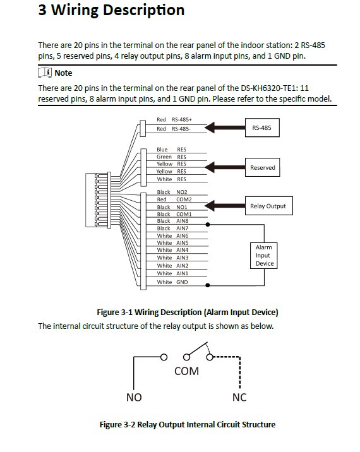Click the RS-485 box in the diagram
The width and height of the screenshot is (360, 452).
(262, 128)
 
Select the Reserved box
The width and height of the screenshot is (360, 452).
(263, 167)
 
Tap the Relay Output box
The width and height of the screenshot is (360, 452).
(269, 206)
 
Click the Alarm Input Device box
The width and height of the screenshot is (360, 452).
(263, 256)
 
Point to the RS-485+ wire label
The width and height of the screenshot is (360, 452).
(182, 119)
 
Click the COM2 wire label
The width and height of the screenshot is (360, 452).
(184, 199)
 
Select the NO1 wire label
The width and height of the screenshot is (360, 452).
(182, 207)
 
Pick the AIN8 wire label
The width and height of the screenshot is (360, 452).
(183, 221)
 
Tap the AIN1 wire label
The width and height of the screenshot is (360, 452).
(183, 273)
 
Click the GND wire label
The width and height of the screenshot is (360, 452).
(182, 282)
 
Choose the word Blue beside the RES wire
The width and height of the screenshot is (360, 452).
(162, 150)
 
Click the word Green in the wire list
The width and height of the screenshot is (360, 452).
(164, 157)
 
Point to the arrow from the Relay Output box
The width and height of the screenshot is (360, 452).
(225, 206)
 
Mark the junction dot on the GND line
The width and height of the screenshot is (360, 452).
(207, 285)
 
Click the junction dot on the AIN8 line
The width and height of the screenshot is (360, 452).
(207, 224)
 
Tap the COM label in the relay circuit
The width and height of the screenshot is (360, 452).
(187, 371)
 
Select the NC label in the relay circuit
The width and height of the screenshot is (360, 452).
(239, 397)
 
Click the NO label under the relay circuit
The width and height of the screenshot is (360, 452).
(134, 397)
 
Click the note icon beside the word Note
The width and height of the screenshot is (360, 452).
(45, 73)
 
